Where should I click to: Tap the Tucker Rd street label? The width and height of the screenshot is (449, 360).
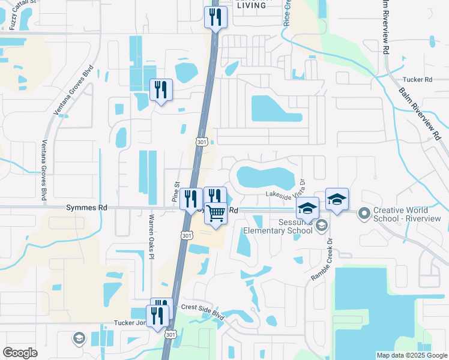point(418,79)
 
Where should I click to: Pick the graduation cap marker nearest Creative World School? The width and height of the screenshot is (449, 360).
point(337,199)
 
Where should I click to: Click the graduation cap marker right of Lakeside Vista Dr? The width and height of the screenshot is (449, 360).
point(307,208)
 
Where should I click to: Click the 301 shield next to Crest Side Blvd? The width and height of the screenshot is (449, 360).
point(171,334)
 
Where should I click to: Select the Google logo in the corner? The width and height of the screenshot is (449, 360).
point(20,352)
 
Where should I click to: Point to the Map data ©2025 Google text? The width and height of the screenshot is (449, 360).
point(411,355)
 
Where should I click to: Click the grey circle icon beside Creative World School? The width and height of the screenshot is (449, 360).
point(364,213)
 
